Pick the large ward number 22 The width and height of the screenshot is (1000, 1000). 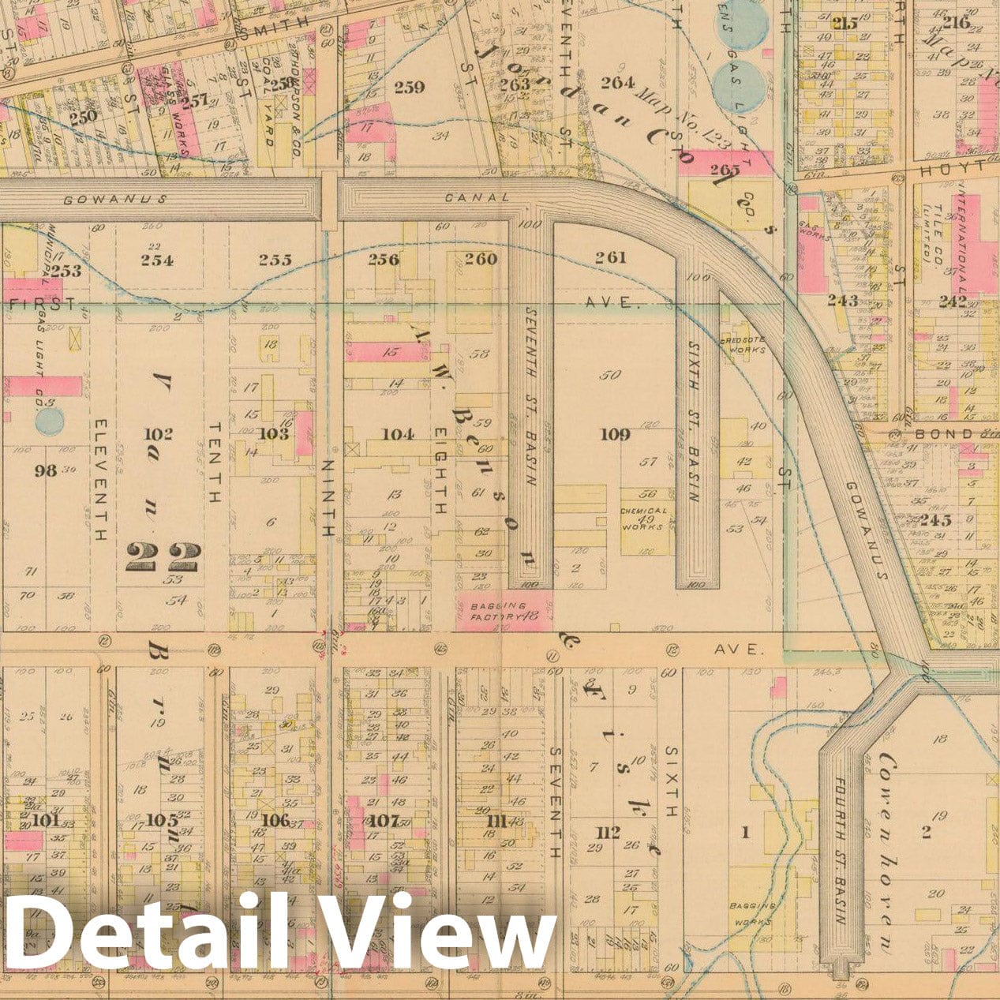163,558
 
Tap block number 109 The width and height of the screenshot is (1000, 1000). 615,434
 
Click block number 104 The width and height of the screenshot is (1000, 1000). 397,434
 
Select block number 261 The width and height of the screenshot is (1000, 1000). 610,257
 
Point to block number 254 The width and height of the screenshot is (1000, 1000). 157,260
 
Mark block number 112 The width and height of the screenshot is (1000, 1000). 609,831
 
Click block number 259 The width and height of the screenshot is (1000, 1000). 409,87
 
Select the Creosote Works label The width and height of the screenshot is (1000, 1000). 743,344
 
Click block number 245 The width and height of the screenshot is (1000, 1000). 934,520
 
